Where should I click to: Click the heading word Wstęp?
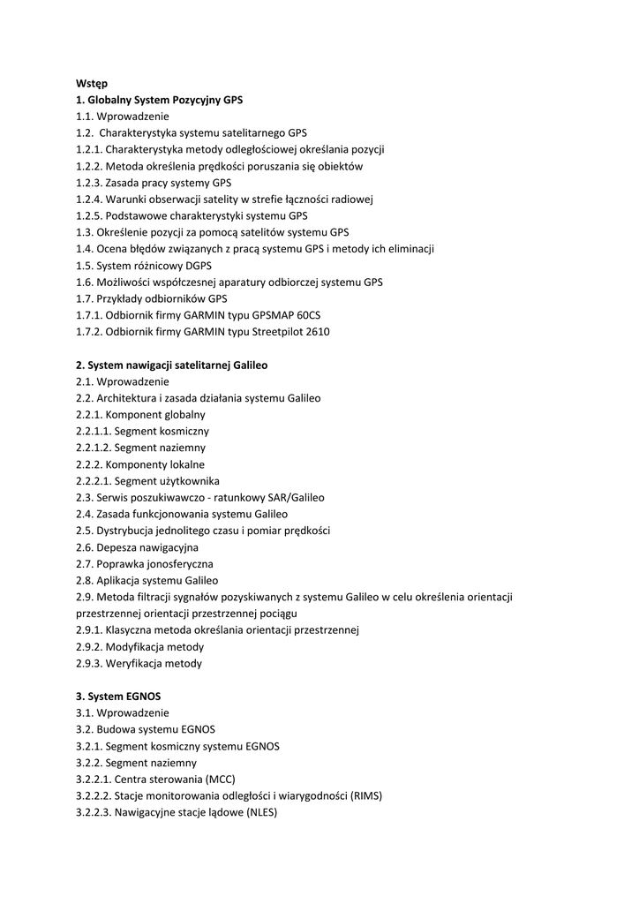[92, 83]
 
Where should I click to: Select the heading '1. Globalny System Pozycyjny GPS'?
[159, 100]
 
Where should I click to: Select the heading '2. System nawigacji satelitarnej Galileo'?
[171, 365]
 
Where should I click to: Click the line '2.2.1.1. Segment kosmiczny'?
[142, 432]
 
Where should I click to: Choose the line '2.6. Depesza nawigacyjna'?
[137, 547]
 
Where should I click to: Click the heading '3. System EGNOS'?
[117, 697]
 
